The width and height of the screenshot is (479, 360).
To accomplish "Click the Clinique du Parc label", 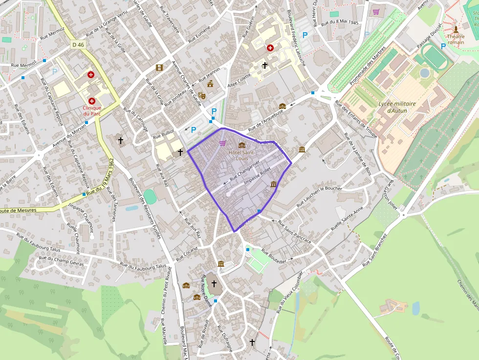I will point(92,111).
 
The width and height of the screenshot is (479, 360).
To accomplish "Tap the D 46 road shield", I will point(78,44).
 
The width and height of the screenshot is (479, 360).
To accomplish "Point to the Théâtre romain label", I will point(456,39).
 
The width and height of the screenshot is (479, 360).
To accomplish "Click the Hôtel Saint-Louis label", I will point(241,155).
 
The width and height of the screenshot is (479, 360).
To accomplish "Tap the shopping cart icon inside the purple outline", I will point(223,143).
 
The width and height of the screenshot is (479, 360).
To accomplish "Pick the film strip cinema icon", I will point(159,67).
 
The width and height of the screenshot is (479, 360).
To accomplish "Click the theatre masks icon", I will point(202,95).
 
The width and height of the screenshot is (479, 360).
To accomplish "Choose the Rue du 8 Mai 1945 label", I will point(340,23).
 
